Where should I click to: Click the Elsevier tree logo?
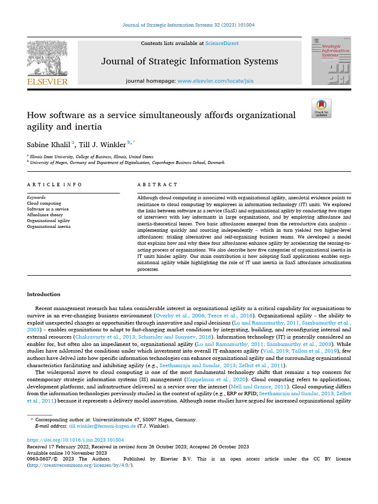(x=47, y=58)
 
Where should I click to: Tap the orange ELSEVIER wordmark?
(x=47, y=82)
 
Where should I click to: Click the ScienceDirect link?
(x=222, y=43)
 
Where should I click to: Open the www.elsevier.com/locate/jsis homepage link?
(x=215, y=81)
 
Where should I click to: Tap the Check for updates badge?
(x=321, y=108)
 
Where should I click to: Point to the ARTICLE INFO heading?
(x=55, y=185)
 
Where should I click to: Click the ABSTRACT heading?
(x=157, y=185)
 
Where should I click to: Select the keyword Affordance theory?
(x=45, y=215)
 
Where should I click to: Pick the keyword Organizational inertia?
(x=48, y=227)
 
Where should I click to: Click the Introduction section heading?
(x=44, y=294)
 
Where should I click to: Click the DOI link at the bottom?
(x=75, y=440)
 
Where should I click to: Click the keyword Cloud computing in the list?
(x=44, y=203)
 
